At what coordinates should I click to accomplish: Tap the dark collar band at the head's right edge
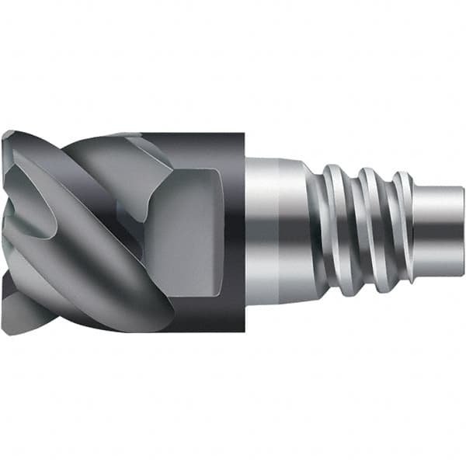pyautogui.click(x=233, y=233)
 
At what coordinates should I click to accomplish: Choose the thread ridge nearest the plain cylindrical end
pyautogui.click(x=401, y=233)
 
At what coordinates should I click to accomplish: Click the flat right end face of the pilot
pyautogui.click(x=461, y=233)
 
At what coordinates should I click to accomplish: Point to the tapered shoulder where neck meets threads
pyautogui.click(x=311, y=233)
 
